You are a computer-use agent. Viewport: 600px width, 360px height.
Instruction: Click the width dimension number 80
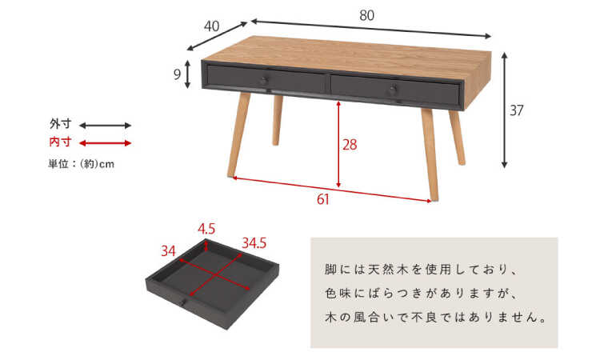pos(367,14)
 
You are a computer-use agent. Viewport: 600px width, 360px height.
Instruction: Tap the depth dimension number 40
pos(212,26)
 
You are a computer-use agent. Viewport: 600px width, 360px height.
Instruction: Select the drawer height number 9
pos(177,74)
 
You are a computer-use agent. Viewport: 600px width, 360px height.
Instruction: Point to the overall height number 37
pos(517,110)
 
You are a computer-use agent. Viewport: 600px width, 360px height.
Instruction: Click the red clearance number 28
pos(349,146)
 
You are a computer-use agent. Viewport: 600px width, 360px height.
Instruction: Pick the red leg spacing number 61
pos(322,200)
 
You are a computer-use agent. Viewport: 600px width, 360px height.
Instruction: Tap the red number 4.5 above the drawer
pos(206,229)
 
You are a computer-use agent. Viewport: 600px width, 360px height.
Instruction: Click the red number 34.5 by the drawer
pos(254,241)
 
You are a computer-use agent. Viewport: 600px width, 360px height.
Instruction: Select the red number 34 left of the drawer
pos(168,250)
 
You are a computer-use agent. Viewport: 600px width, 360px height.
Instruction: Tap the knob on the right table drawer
pos(392,91)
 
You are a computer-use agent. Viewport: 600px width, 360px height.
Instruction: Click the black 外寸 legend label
pos(60,125)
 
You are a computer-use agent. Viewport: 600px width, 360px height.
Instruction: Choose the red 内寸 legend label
pos(60,142)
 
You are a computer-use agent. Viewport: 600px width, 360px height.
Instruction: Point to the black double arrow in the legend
pos(105,126)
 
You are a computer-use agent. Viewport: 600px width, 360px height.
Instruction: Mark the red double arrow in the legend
pos(105,143)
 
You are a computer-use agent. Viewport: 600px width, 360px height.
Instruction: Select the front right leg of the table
pos(430,152)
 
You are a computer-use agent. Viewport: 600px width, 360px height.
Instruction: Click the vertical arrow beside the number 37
pos(504,110)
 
